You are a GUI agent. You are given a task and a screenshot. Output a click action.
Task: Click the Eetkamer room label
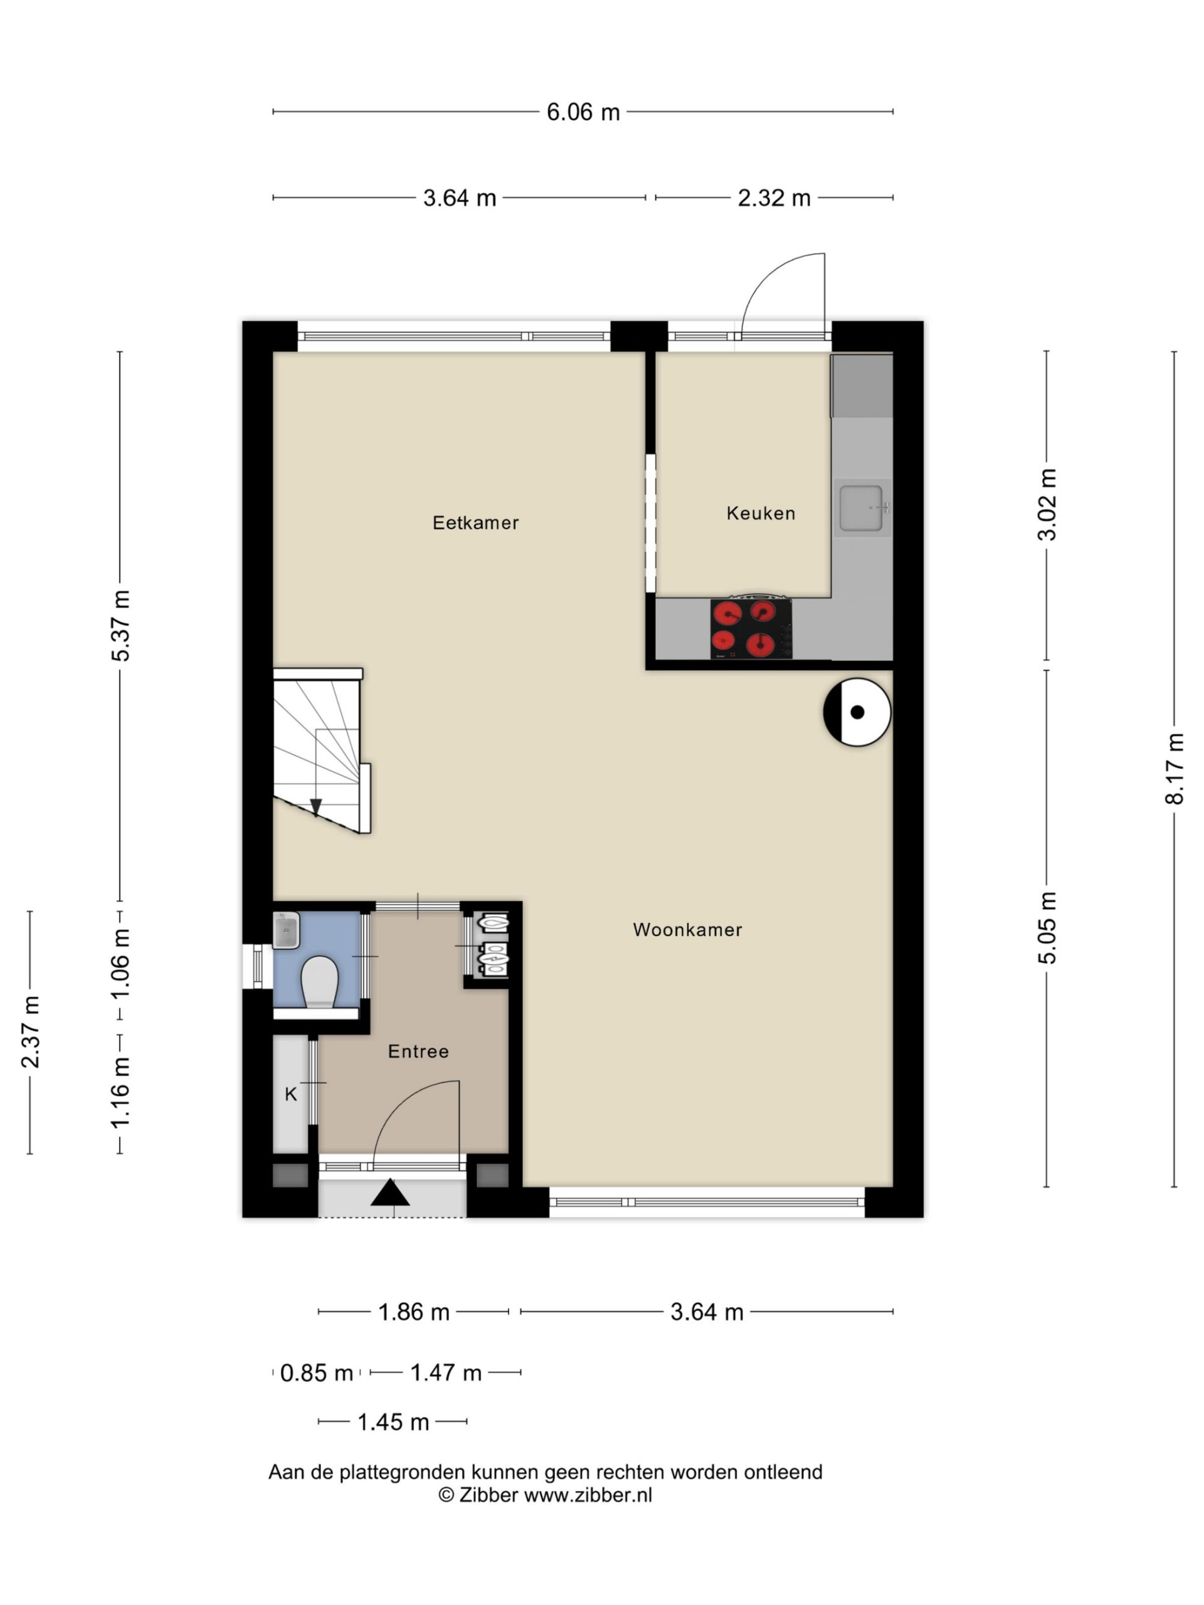click(x=475, y=522)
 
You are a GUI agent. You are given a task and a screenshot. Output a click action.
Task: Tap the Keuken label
click(x=761, y=513)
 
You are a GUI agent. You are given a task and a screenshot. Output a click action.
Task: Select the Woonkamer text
click(x=687, y=930)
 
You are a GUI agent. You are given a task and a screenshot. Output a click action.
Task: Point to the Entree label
click(x=418, y=1051)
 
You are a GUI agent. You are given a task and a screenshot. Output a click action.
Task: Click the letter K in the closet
click(x=291, y=1094)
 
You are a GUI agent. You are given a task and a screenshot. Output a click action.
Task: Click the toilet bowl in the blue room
click(x=319, y=982)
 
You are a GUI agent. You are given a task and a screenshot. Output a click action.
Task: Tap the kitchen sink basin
click(x=862, y=508)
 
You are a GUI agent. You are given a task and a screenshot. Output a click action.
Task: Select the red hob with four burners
click(x=751, y=629)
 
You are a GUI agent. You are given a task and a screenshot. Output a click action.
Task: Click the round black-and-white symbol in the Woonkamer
click(x=857, y=712)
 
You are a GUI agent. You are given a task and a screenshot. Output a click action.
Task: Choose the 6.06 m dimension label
click(x=583, y=112)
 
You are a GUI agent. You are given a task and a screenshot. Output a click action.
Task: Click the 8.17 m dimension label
click(x=1175, y=769)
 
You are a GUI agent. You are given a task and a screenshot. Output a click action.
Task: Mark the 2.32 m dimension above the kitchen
click(x=774, y=197)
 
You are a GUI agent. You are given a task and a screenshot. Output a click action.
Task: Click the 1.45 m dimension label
click(x=393, y=1422)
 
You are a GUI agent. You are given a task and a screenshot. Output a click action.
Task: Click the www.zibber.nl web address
click(x=588, y=1495)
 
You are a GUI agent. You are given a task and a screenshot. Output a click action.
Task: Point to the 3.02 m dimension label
click(x=1047, y=505)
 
